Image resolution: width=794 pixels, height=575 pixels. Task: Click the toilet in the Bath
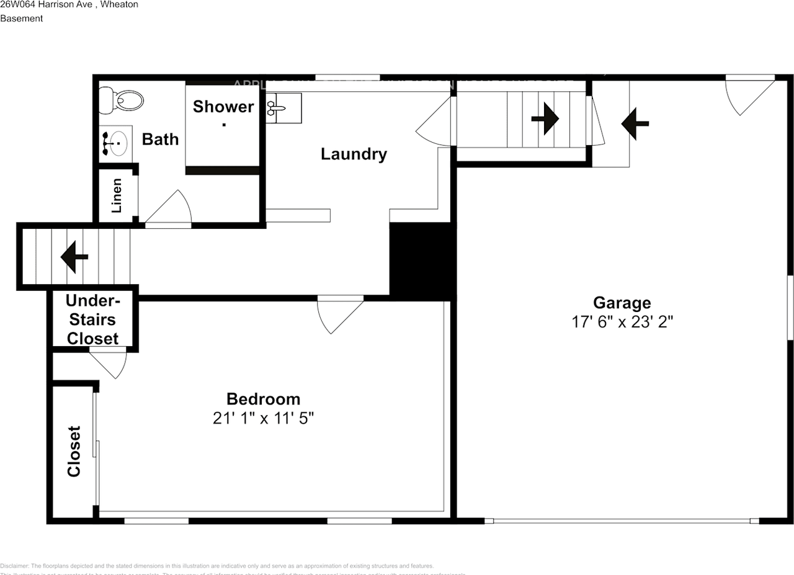[122, 100]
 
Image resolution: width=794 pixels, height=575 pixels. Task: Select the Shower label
[223, 107]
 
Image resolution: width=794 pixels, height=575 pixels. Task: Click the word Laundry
[354, 154]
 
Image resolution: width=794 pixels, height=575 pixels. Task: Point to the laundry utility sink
[283, 108]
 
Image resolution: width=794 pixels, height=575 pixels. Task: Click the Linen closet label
[117, 195]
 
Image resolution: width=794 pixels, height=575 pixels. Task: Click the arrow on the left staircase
[74, 256]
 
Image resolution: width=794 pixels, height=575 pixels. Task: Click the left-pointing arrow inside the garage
[635, 123]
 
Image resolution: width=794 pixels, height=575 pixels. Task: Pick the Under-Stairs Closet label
[92, 319]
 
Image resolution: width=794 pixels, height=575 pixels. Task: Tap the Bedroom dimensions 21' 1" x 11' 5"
[263, 419]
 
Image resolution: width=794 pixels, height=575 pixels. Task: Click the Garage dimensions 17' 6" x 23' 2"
[622, 322]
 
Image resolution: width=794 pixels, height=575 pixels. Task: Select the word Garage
[622, 303]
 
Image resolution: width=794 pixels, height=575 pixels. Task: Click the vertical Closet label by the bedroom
[74, 451]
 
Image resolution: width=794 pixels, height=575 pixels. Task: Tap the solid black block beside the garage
[422, 261]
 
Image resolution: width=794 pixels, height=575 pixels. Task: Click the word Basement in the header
[22, 19]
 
